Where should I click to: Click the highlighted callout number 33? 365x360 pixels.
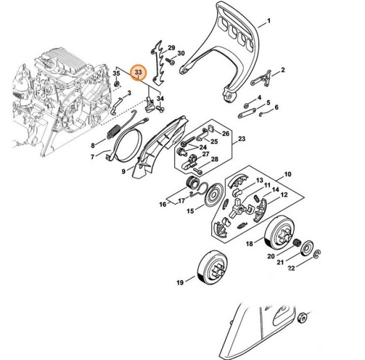tap(137, 73)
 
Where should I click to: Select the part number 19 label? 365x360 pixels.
tap(181, 283)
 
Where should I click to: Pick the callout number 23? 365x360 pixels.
tap(242, 138)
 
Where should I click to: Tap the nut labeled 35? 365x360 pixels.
tap(117, 85)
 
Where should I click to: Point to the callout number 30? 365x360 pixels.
tap(181, 53)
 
